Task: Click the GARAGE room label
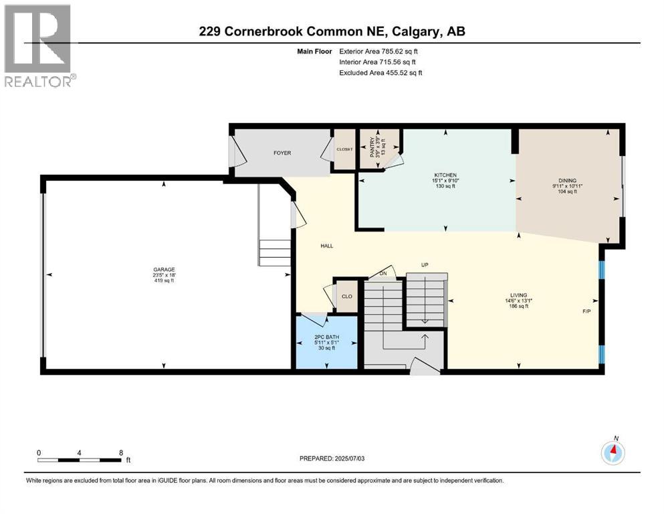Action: pyautogui.click(x=163, y=270)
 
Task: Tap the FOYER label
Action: pyautogui.click(x=282, y=153)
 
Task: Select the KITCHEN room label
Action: pyautogui.click(x=445, y=175)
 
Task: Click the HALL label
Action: pyautogui.click(x=326, y=246)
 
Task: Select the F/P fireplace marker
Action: pyautogui.click(x=586, y=312)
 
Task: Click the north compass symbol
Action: pyautogui.click(x=613, y=453)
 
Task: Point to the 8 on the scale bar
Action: pyautogui.click(x=121, y=452)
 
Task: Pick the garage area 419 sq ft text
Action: pyautogui.click(x=163, y=280)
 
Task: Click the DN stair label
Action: pyautogui.click(x=382, y=273)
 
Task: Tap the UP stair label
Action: pyautogui.click(x=424, y=265)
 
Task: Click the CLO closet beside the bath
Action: pyautogui.click(x=347, y=296)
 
